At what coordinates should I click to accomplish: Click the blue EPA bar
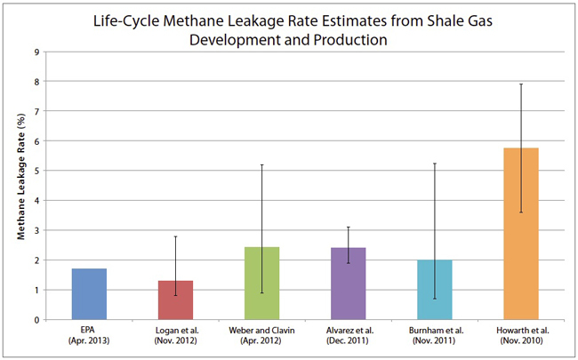coord(90,294)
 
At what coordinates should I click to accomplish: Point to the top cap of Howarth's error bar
coord(521,84)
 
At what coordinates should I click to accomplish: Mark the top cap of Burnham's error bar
coord(435,164)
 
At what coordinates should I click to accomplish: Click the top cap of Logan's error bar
coord(175,236)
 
